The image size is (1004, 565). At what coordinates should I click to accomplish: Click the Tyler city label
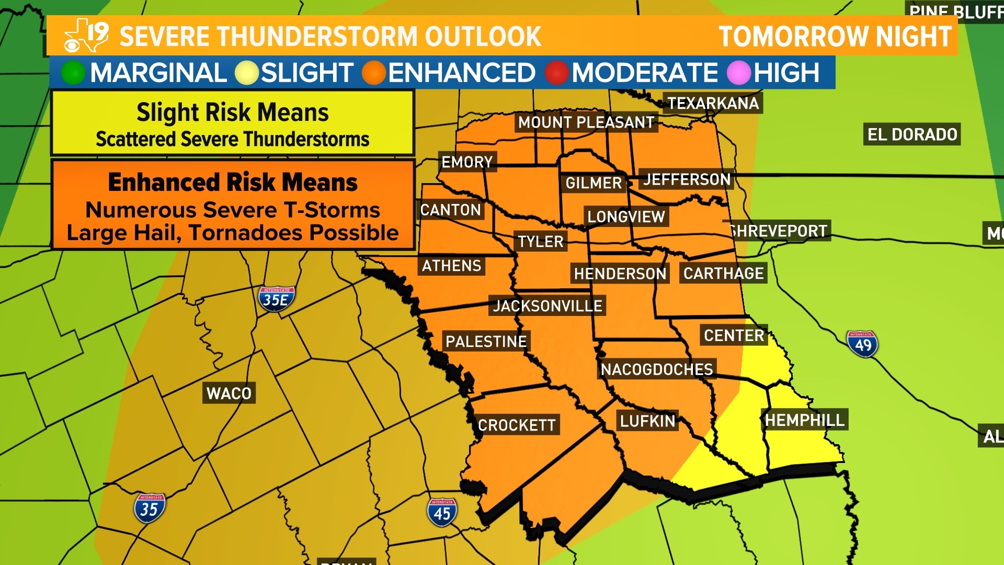(x=540, y=241)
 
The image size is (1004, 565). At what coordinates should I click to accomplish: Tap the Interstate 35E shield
(x=276, y=299)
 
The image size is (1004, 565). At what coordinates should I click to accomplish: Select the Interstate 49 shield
(x=862, y=344)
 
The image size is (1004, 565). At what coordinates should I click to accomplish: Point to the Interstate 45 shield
(x=442, y=513)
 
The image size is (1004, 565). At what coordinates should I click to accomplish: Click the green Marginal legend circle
(x=73, y=73)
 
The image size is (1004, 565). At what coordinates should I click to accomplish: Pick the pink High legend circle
(x=739, y=73)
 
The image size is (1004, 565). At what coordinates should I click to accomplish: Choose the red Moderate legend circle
(x=557, y=73)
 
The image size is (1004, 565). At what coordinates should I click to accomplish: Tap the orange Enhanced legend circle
(x=374, y=73)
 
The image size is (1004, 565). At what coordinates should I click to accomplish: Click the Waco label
(x=229, y=393)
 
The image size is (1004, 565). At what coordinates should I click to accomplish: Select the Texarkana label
(x=713, y=103)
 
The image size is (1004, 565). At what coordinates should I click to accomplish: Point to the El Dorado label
(x=912, y=134)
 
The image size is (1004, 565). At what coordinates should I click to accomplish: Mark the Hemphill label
(x=804, y=420)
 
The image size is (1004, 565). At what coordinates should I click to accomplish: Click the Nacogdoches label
(x=657, y=369)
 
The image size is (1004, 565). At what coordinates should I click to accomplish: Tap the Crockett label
(x=517, y=425)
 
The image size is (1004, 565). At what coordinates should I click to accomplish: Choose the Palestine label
(x=486, y=342)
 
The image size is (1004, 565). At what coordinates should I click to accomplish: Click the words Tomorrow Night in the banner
(x=835, y=37)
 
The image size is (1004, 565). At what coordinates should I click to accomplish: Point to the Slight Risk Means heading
(x=232, y=112)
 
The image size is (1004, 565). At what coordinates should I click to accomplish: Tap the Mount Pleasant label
(x=586, y=122)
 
